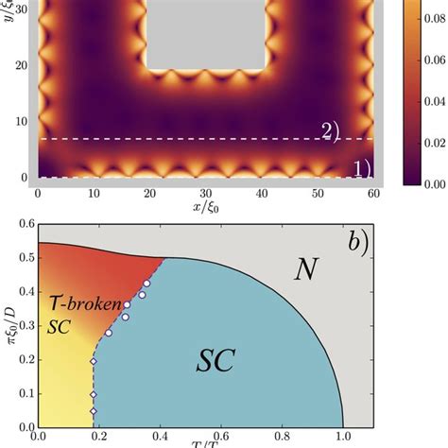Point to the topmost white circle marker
pos(147,283)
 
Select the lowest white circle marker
pos(109,333)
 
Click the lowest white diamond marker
pos(93,411)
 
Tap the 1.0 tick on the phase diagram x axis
pos(341,437)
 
